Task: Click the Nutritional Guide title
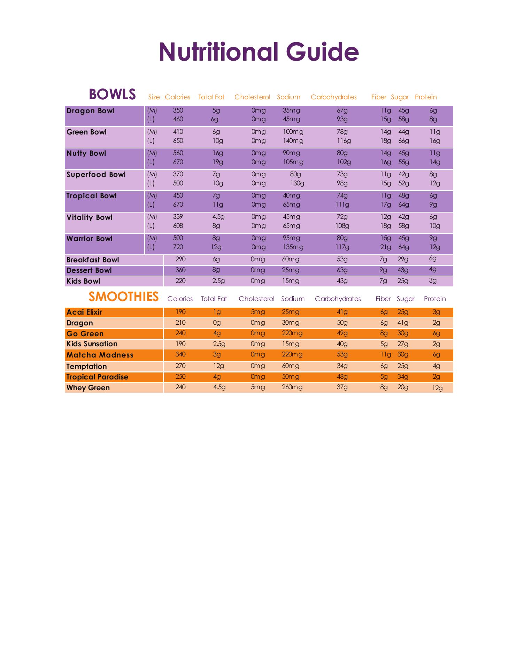point(258,52)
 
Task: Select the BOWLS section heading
point(112,94)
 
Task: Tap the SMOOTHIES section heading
point(123,297)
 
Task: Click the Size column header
point(154,97)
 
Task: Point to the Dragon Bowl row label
point(90,111)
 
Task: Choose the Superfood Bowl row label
point(96,175)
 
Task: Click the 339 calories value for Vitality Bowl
point(178,217)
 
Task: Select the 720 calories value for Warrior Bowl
point(178,247)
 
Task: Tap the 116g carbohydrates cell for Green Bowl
point(343,141)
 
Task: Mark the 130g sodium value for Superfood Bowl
point(297,183)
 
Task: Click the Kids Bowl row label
point(83,281)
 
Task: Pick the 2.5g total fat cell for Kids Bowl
point(218,281)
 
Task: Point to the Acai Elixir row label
point(84,312)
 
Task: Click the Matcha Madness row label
point(100,355)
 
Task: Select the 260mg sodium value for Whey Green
point(292,387)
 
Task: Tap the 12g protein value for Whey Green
point(437,388)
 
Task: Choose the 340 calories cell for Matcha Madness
point(180,354)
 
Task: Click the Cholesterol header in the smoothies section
point(256,299)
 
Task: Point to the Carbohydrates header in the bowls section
point(333,97)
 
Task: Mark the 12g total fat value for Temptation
point(218,366)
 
